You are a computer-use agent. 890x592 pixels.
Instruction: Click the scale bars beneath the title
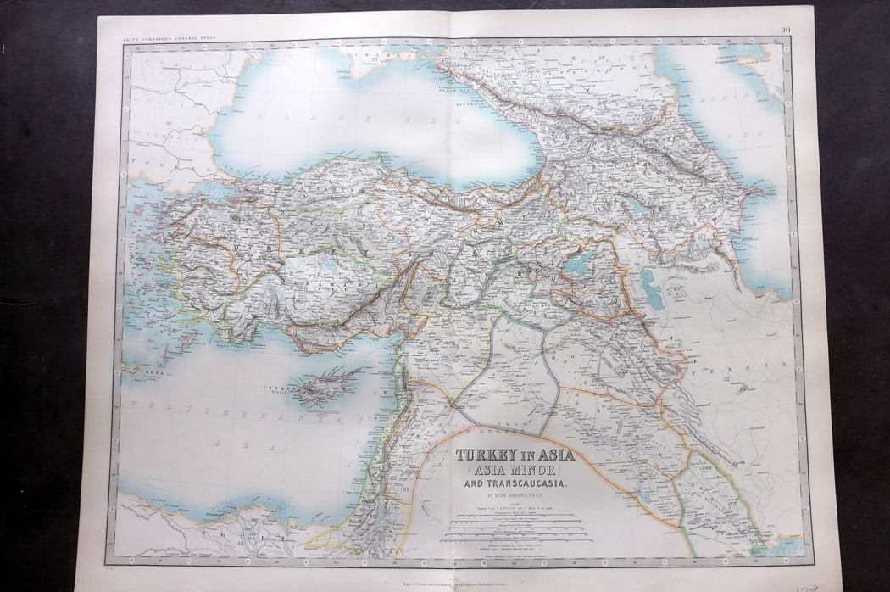(x=517, y=530)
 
